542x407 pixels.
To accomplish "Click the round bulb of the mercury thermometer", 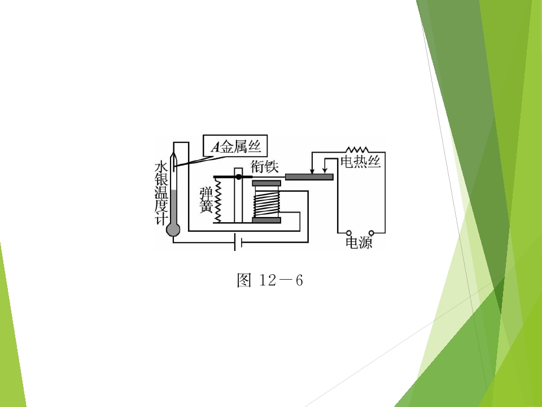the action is point(173,230).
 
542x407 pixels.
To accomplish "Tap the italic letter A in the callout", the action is point(215,147).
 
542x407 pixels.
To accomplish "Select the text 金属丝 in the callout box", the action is point(241,147).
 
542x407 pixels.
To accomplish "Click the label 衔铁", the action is point(264,167).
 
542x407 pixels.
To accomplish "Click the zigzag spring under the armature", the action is point(218,200).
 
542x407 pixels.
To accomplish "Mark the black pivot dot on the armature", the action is point(238,177).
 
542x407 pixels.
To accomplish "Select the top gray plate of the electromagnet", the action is point(266,183).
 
